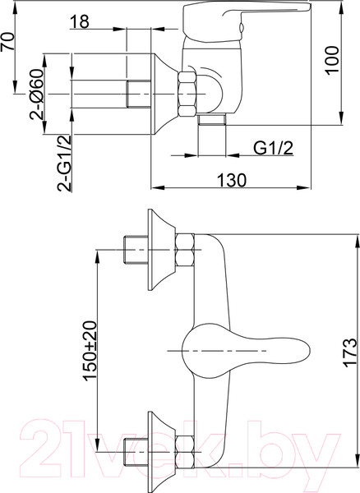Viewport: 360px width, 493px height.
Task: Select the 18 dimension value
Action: coord(80,21)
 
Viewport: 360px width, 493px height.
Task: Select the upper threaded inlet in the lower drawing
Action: coord(132,247)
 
